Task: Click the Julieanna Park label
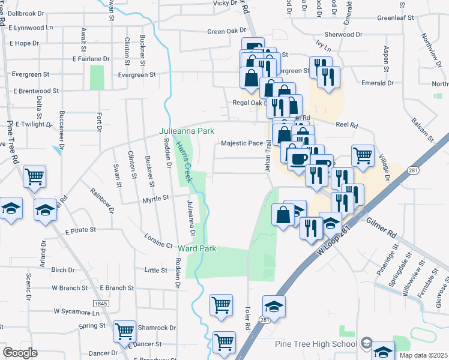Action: [186, 131]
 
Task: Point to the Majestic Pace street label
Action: [242, 143]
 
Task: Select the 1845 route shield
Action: [100, 304]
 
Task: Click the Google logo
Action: [20, 353]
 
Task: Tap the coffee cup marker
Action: [298, 158]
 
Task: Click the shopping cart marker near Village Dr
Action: [363, 155]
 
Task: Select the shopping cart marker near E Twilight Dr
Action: [34, 176]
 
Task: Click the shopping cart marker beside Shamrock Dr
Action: [125, 330]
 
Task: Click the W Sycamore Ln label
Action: [77, 312]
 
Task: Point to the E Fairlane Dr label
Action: [91, 59]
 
